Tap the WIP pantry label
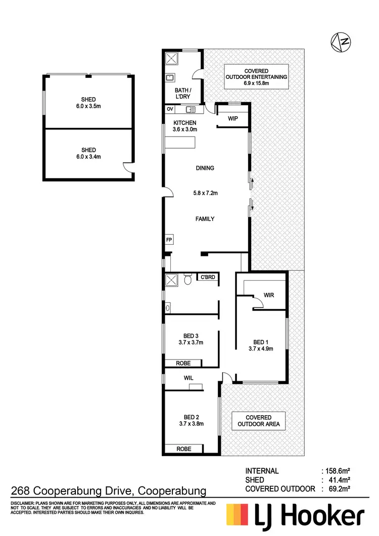pos(233,119)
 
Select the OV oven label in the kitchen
pos(169,109)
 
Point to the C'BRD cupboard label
pos(208,277)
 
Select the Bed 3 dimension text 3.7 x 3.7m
pos(191,342)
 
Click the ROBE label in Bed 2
pos(183,449)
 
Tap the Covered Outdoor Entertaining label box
pos(256,76)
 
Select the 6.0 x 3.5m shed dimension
pos(88,107)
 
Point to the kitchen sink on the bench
pos(192,109)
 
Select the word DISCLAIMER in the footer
pos(21,504)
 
